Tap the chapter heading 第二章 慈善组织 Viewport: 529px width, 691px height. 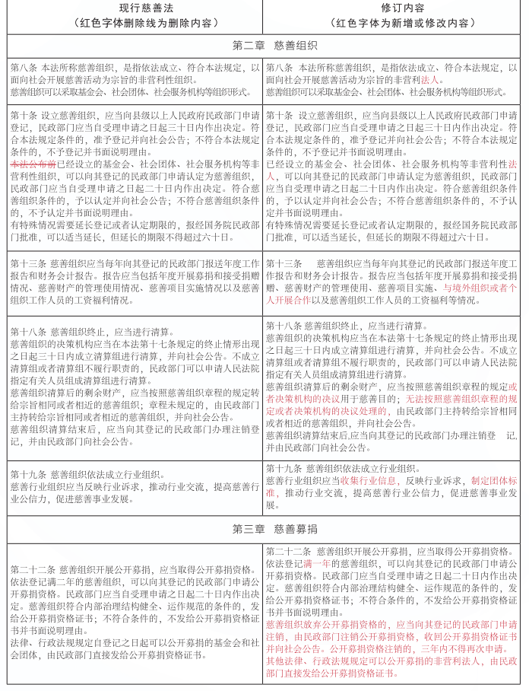(263, 44)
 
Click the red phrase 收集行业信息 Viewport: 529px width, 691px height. (366, 481)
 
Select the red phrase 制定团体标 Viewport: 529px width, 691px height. (494, 481)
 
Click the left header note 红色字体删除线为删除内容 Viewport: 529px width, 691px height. (131, 23)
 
